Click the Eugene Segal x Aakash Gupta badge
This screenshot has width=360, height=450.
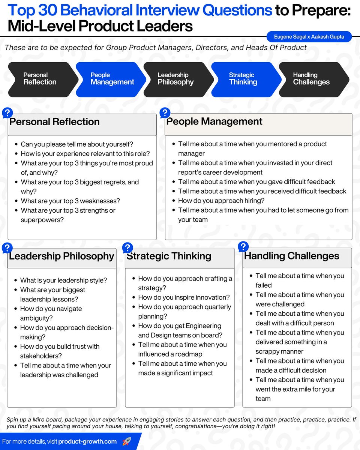click(x=309, y=37)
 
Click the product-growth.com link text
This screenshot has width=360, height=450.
click(x=87, y=441)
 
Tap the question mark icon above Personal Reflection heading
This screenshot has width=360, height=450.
click(x=7, y=113)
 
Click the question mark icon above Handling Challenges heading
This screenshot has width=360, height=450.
click(x=243, y=246)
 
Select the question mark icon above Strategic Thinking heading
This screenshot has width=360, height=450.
click(x=127, y=247)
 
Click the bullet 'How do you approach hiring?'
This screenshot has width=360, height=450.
click(x=221, y=201)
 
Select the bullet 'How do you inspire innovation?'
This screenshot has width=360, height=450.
click(x=184, y=297)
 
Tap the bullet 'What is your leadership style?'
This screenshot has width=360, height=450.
click(x=63, y=280)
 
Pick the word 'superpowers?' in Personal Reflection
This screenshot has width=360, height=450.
click(x=42, y=220)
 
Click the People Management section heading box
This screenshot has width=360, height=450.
click(x=258, y=124)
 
